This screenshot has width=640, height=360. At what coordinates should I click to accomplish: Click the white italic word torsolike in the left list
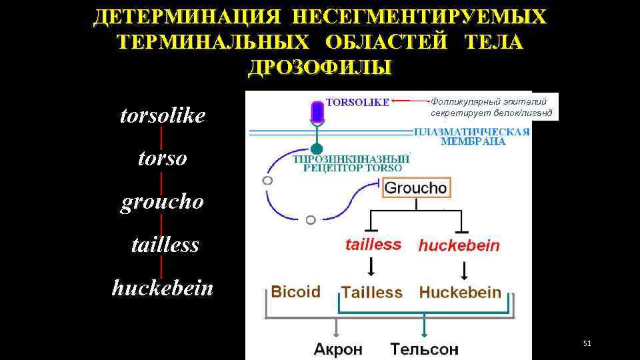(162, 116)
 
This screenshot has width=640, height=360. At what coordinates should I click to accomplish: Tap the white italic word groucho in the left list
(162, 202)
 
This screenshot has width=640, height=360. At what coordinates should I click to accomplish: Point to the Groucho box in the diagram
(416, 188)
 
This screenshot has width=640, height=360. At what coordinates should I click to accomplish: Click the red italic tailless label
(373, 245)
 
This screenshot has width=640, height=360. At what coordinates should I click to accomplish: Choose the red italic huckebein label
(459, 245)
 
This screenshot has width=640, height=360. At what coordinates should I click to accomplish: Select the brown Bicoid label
(295, 292)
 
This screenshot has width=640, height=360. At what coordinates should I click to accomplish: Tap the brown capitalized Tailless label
(372, 293)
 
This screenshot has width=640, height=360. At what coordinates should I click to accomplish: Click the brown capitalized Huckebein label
(460, 292)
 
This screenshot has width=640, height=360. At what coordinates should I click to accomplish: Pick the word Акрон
(338, 348)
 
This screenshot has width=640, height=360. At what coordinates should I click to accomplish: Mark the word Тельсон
(425, 348)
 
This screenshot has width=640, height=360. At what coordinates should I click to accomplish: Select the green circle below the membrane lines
(317, 148)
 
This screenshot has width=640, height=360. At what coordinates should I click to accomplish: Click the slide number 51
(587, 343)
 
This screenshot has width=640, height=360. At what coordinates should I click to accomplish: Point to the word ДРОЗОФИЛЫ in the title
(320, 67)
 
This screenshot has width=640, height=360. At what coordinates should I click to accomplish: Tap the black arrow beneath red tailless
(371, 267)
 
